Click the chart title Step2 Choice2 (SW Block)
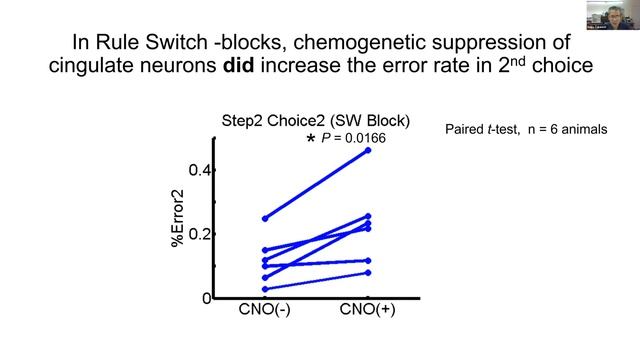[315, 121]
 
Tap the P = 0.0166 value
[354, 138]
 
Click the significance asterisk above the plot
[311, 139]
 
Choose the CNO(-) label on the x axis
[264, 310]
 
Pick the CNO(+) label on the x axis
[367, 310]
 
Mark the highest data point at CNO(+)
[368, 150]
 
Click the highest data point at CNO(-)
[264, 218]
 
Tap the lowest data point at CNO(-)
[264, 289]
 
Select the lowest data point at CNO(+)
[368, 273]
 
